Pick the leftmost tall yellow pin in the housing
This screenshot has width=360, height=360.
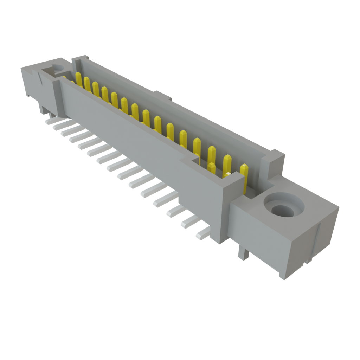[79, 79]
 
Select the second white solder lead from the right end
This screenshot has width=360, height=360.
[189, 222]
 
